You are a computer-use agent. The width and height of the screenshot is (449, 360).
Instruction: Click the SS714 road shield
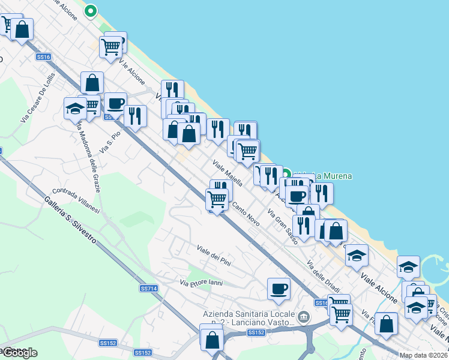click(x=148, y=289)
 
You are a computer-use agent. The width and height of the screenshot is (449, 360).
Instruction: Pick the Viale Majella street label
click(x=228, y=172)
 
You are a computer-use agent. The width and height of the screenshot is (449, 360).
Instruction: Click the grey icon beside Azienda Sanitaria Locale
click(x=304, y=316)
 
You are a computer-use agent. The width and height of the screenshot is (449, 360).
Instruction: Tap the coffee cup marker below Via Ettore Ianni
click(x=279, y=289)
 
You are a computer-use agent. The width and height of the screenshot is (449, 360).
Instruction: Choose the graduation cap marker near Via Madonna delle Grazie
click(x=75, y=107)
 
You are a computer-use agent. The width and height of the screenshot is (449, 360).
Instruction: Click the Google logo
click(x=19, y=353)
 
